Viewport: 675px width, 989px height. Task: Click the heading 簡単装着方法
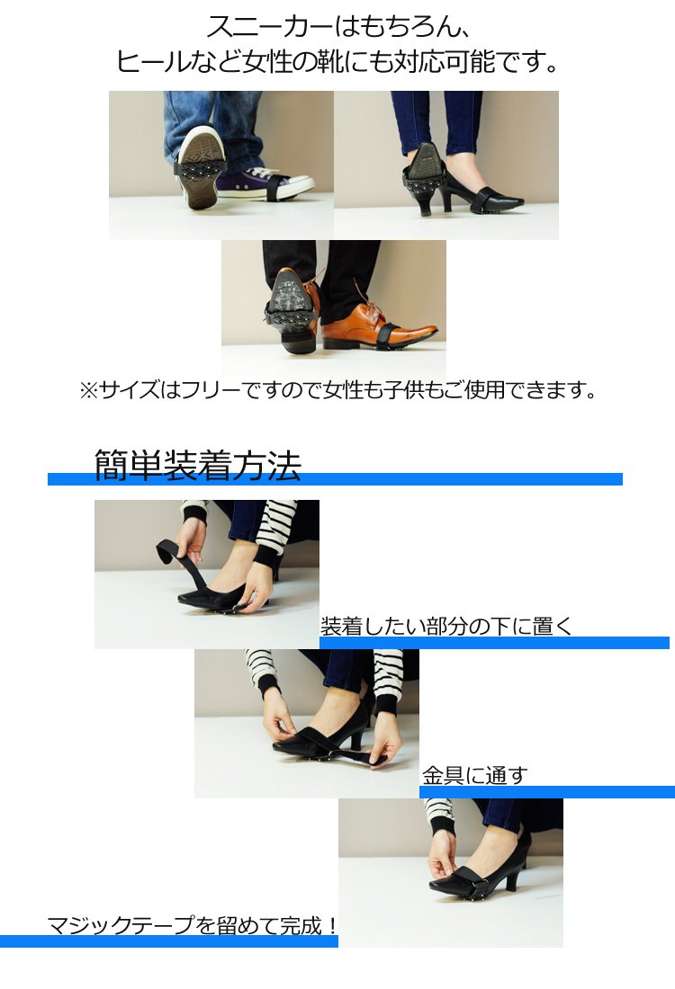(x=198, y=466)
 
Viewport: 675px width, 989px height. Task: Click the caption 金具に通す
(x=474, y=775)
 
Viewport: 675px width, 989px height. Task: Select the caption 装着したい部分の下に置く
(x=445, y=627)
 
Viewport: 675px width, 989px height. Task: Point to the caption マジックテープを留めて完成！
(x=192, y=925)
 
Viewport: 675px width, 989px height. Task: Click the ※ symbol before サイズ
(x=88, y=390)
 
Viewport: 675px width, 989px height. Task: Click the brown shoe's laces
(x=373, y=307)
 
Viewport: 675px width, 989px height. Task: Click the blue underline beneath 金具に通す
(x=547, y=791)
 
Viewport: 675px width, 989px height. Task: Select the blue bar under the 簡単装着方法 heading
(x=335, y=479)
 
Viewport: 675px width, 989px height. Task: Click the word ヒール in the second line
(x=152, y=62)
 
